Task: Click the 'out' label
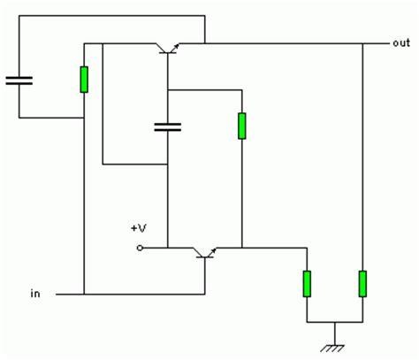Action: click(x=401, y=43)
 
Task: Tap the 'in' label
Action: click(x=35, y=294)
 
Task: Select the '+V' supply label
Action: click(x=139, y=228)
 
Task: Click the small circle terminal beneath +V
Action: click(x=140, y=248)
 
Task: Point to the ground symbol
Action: click(x=332, y=349)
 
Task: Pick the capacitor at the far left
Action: click(x=19, y=80)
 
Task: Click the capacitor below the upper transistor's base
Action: click(x=168, y=126)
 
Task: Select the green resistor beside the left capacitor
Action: click(x=84, y=80)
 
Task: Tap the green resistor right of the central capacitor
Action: click(x=242, y=126)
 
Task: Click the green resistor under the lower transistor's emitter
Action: click(x=307, y=284)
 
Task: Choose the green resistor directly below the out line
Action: click(x=362, y=284)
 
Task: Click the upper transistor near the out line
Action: click(x=168, y=48)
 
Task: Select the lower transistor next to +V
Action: click(x=205, y=253)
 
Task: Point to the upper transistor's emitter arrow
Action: click(x=176, y=46)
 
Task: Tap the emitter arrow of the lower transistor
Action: click(x=213, y=250)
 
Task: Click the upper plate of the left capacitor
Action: click(x=19, y=78)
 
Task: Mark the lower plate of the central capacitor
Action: click(x=168, y=129)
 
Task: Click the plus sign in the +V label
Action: click(x=134, y=228)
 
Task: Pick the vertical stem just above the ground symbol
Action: click(x=335, y=333)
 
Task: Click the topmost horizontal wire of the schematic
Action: click(x=112, y=16)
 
